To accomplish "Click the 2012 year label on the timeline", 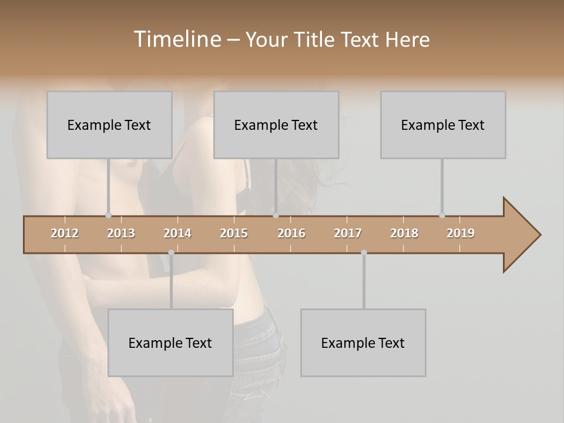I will [x=65, y=233].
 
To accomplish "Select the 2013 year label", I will [x=121, y=233].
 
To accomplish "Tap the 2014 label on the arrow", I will [x=177, y=233].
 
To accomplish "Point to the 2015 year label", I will [x=234, y=233].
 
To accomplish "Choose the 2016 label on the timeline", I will [x=291, y=233].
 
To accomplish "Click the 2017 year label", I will [x=348, y=233].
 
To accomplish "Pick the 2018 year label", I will [x=404, y=233].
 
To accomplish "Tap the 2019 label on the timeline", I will [x=461, y=233].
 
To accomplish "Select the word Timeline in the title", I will [x=177, y=39].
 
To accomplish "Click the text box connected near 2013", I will [x=109, y=125].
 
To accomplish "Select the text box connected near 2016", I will [x=276, y=125].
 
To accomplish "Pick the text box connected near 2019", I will [x=443, y=125].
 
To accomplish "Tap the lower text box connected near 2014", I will [x=170, y=343].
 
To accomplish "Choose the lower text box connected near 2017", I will [x=363, y=343].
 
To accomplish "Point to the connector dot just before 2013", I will [x=108, y=216].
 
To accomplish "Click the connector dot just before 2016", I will [x=276, y=216].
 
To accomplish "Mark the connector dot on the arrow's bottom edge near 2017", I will [x=364, y=253].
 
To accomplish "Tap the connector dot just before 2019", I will [x=442, y=216].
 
